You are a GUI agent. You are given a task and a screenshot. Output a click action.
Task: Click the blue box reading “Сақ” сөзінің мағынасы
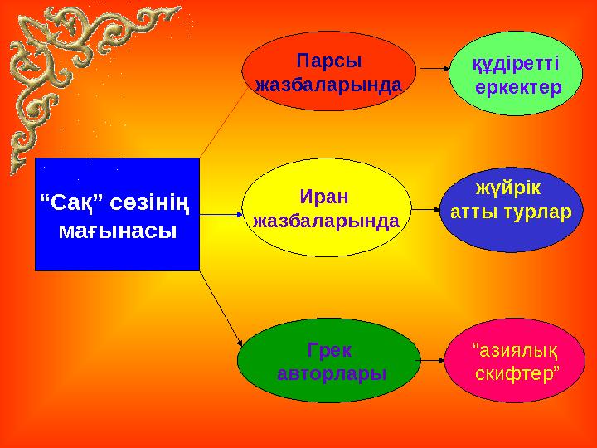pyautogui.click(x=117, y=214)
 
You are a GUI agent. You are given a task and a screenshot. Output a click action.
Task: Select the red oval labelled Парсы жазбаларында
pyautogui.click(x=329, y=73)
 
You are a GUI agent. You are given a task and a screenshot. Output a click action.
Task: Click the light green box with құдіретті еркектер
pyautogui.click(x=517, y=75)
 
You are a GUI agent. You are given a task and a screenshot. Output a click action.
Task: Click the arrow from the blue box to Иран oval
pyautogui.click(x=220, y=213)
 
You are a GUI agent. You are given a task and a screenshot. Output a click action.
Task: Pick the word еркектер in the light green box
pyautogui.click(x=519, y=87)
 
